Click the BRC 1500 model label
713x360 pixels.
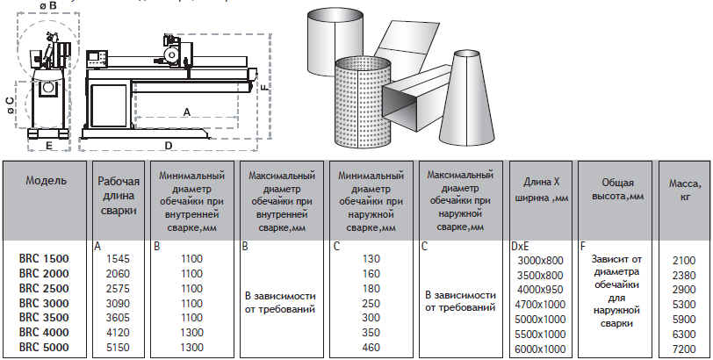click(43, 259)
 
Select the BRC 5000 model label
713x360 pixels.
click(43, 348)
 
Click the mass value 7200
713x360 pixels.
click(683, 349)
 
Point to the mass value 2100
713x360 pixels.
click(683, 260)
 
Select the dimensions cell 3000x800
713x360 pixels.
click(540, 261)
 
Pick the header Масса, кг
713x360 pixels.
click(683, 190)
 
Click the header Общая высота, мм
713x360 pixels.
click(611, 188)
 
